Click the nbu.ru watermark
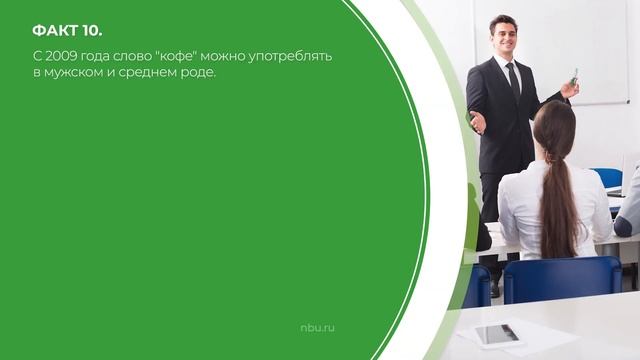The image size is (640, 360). click(x=317, y=327)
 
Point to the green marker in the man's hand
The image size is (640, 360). click(x=575, y=75)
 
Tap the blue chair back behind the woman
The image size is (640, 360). click(x=561, y=279)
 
